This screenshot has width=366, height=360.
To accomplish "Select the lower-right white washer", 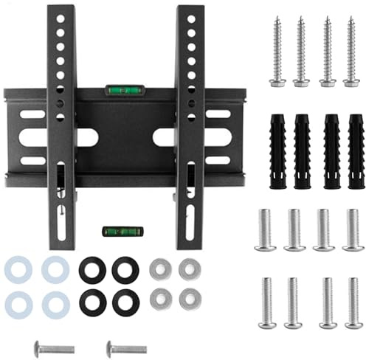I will tap(55, 303).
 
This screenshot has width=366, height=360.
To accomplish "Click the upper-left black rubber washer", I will tap(92, 269).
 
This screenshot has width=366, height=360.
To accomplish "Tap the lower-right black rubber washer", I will tap(125, 302).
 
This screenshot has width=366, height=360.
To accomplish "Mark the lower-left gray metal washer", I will tap(160, 299).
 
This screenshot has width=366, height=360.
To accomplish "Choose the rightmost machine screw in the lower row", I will tap(353, 301).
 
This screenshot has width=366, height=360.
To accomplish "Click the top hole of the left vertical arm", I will tap(61, 14).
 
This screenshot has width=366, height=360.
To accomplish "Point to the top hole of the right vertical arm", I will tap(190, 14).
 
